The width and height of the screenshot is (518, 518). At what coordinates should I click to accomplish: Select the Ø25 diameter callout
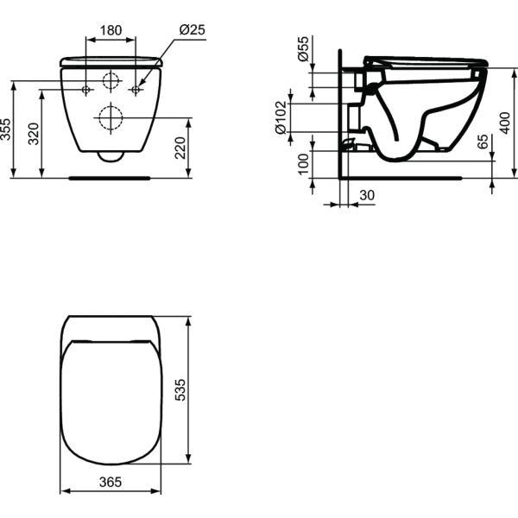click(192, 29)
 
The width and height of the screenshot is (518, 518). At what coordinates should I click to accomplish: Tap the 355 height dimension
click(7, 129)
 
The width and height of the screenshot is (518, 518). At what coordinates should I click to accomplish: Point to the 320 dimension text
click(34, 134)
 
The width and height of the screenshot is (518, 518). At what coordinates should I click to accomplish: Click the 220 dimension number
click(180, 149)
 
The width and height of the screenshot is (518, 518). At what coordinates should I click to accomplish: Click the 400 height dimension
click(505, 124)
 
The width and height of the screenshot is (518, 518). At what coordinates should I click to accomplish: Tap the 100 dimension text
click(303, 162)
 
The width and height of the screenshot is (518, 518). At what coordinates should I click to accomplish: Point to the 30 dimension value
click(367, 197)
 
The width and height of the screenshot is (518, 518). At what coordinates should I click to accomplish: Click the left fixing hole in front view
click(85, 90)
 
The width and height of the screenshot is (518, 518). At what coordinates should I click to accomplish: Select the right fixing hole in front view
click(136, 90)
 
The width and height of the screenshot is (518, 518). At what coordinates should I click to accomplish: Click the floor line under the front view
click(111, 177)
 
